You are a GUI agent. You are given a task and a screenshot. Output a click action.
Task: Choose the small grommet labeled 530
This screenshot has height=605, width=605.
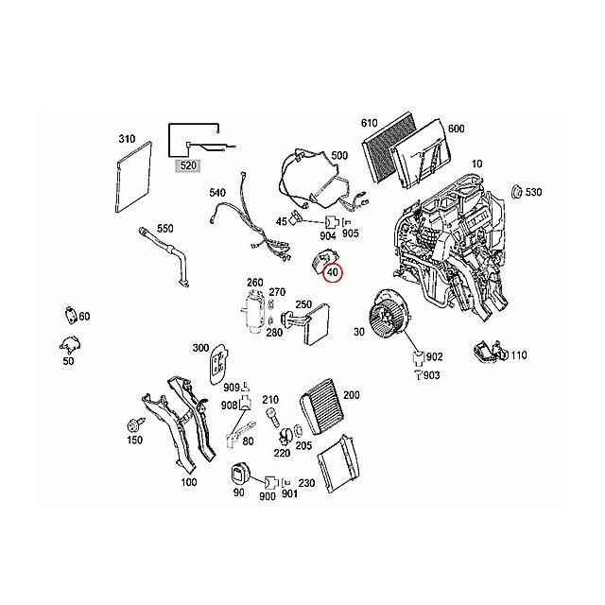click(517, 193)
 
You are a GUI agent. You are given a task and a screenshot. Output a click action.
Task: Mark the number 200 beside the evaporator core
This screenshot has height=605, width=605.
click(351, 394)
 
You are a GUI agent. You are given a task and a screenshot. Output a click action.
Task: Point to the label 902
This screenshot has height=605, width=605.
click(434, 357)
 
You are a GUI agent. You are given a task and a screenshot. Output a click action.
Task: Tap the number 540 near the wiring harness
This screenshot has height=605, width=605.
click(217, 193)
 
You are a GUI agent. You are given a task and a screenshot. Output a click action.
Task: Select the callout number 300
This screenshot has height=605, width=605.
click(200, 348)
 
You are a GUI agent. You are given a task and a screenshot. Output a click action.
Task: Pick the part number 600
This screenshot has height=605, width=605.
click(456, 130)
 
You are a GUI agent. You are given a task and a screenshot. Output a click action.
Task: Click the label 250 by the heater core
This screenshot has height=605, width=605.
click(303, 304)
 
